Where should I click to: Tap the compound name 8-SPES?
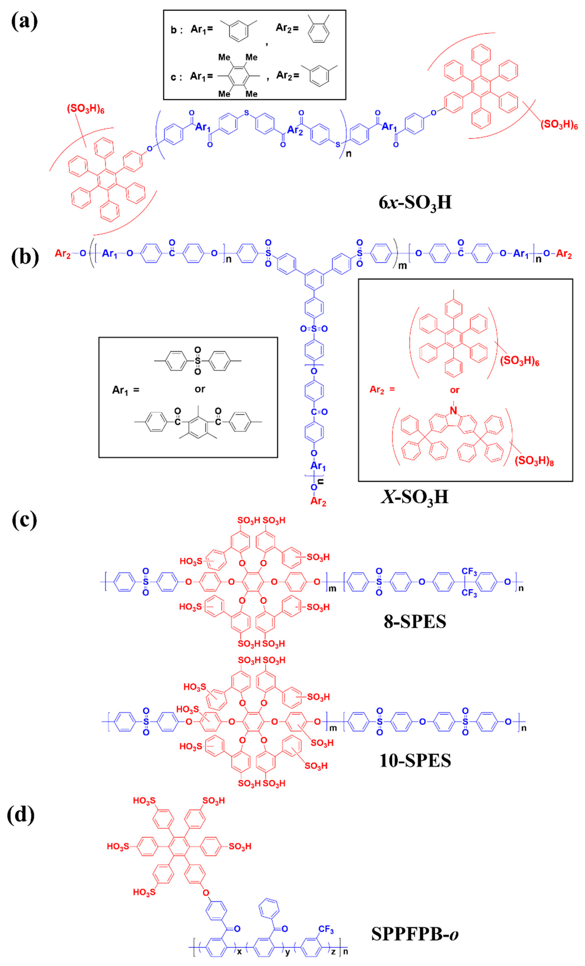pos(415,621)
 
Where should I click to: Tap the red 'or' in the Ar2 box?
pos(454,390)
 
